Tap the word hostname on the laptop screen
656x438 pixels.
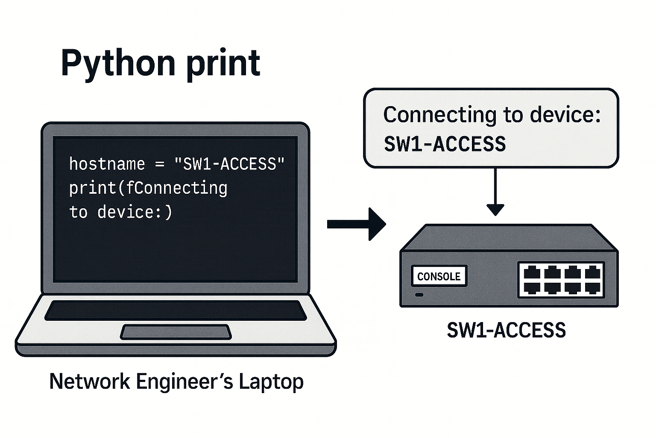click(x=107, y=164)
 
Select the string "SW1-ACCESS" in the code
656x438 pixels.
click(x=229, y=164)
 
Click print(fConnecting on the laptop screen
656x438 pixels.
click(x=148, y=188)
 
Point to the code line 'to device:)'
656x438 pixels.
click(x=120, y=212)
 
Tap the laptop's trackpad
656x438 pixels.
click(x=176, y=332)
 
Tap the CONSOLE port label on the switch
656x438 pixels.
click(x=439, y=276)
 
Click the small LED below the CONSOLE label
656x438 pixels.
click(x=419, y=295)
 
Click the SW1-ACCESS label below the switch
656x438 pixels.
click(x=506, y=330)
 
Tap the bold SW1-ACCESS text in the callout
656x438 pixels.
click(x=445, y=144)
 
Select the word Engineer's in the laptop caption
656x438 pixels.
click(x=184, y=382)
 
